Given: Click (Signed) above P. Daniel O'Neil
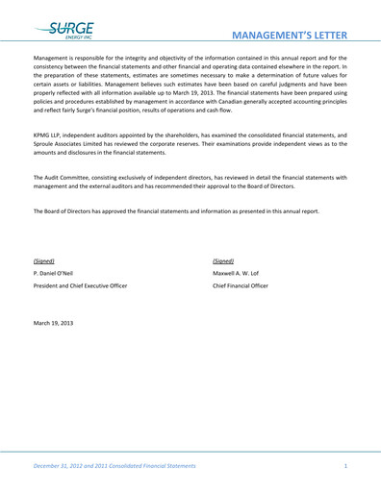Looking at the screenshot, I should pos(43,260).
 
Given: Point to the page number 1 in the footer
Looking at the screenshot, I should pos(344,465).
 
